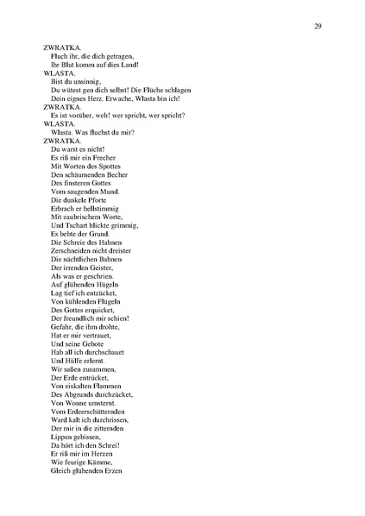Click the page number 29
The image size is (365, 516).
click(318, 27)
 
